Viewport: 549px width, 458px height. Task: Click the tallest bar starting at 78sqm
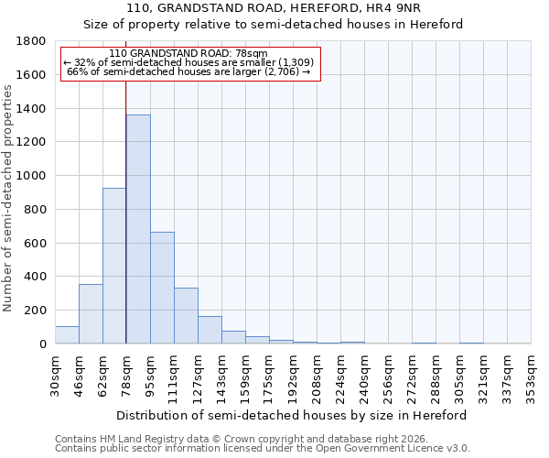point(138,229)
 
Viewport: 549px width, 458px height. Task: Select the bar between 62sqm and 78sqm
point(114,266)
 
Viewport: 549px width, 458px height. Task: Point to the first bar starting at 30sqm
point(67,334)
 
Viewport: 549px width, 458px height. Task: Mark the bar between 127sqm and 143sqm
point(210,330)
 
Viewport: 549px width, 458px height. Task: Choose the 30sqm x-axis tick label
point(55,374)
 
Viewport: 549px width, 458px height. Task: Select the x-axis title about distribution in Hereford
point(292,415)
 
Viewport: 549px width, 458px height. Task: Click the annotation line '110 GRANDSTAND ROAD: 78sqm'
point(188,53)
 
